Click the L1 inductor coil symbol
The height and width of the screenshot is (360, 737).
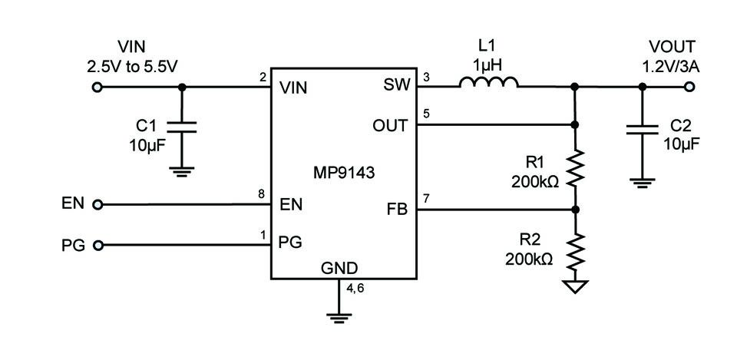pyautogui.click(x=489, y=82)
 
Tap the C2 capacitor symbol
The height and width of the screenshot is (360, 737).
pyautogui.click(x=643, y=130)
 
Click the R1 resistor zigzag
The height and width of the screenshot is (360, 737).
pyautogui.click(x=574, y=167)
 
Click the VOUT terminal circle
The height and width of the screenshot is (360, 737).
pyautogui.click(x=689, y=87)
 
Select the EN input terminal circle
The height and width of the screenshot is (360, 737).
pyautogui.click(x=97, y=205)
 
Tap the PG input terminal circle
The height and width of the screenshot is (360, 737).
pyautogui.click(x=97, y=246)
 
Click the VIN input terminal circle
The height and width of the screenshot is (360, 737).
pyautogui.click(x=97, y=87)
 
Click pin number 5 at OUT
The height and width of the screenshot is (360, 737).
pyautogui.click(x=426, y=114)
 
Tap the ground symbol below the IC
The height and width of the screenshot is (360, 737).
pyautogui.click(x=339, y=317)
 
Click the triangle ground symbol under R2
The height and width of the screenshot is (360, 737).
pyautogui.click(x=574, y=286)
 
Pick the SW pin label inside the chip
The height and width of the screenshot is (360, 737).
pyautogui.click(x=396, y=85)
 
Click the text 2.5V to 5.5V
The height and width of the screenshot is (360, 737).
pyautogui.click(x=132, y=66)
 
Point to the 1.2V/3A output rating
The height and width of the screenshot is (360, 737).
pyautogui.click(x=671, y=67)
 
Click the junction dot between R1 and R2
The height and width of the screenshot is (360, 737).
pyautogui.click(x=574, y=210)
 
